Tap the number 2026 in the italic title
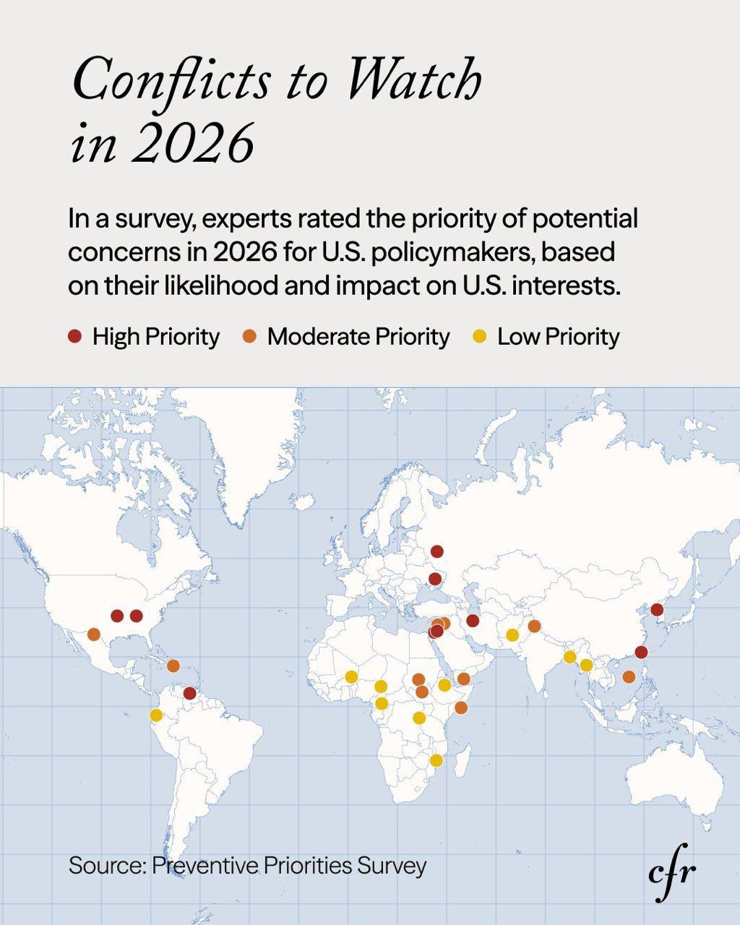(x=194, y=142)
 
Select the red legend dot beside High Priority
(x=75, y=337)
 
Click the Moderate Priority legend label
(x=358, y=337)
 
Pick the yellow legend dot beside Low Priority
(x=480, y=337)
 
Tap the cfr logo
(x=672, y=872)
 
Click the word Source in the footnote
(x=106, y=865)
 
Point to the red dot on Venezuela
(x=189, y=694)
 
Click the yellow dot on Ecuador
(x=156, y=715)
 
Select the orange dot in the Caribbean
(x=173, y=666)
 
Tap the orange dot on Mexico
(x=93, y=634)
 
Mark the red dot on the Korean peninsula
(x=657, y=610)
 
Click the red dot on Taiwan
(x=641, y=653)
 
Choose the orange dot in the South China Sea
(x=629, y=677)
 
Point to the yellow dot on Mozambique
(x=436, y=760)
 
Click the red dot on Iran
(x=473, y=621)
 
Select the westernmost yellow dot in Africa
(x=351, y=677)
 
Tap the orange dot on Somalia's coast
(x=460, y=707)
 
